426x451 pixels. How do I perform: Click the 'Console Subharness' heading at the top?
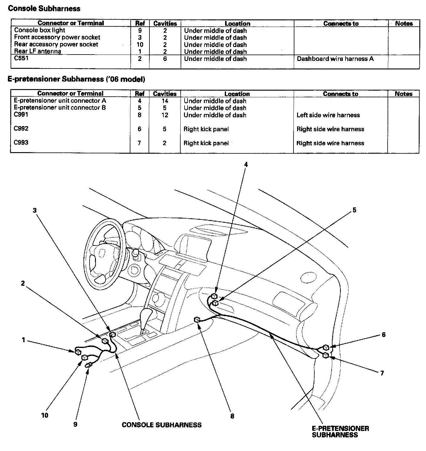pyautogui.click(x=44, y=8)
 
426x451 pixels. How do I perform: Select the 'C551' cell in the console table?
pyautogui.click(x=21, y=58)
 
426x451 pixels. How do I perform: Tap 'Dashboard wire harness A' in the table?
pyautogui.click(x=335, y=59)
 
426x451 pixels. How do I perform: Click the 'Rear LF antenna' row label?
pyautogui.click(x=38, y=51)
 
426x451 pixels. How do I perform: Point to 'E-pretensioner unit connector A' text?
pyautogui.click(x=60, y=100)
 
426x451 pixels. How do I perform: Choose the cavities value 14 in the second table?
pyautogui.click(x=165, y=101)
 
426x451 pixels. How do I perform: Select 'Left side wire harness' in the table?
pyautogui.click(x=328, y=115)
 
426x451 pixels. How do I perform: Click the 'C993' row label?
pyautogui.click(x=21, y=142)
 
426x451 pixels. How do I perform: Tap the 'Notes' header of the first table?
pyautogui.click(x=404, y=24)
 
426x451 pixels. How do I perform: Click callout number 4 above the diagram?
pyautogui.click(x=246, y=164)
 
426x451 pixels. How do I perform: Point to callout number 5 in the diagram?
pyautogui.click(x=354, y=210)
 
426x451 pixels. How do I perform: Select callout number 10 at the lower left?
pyautogui.click(x=44, y=415)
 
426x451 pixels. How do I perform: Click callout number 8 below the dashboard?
pyautogui.click(x=232, y=416)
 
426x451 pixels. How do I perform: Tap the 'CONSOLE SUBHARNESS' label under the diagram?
pyautogui.click(x=162, y=425)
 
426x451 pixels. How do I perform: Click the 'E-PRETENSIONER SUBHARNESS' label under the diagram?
pyautogui.click(x=340, y=432)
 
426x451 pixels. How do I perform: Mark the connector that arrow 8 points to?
pyautogui.click(x=197, y=319)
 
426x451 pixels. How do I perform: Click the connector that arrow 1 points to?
pyautogui.click(x=78, y=352)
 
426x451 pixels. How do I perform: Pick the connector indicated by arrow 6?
pyautogui.click(x=326, y=347)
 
